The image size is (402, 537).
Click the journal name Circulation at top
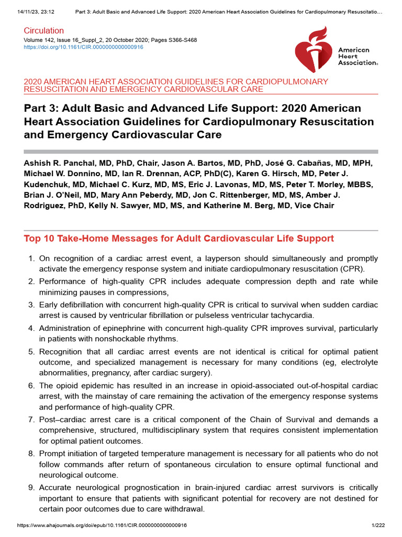tap(44, 31)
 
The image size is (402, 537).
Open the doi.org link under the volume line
tap(84, 47)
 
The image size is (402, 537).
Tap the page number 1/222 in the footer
tap(378, 525)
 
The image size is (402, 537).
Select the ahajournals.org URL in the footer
tap(102, 525)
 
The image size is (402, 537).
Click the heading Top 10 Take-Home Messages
tap(178, 239)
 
